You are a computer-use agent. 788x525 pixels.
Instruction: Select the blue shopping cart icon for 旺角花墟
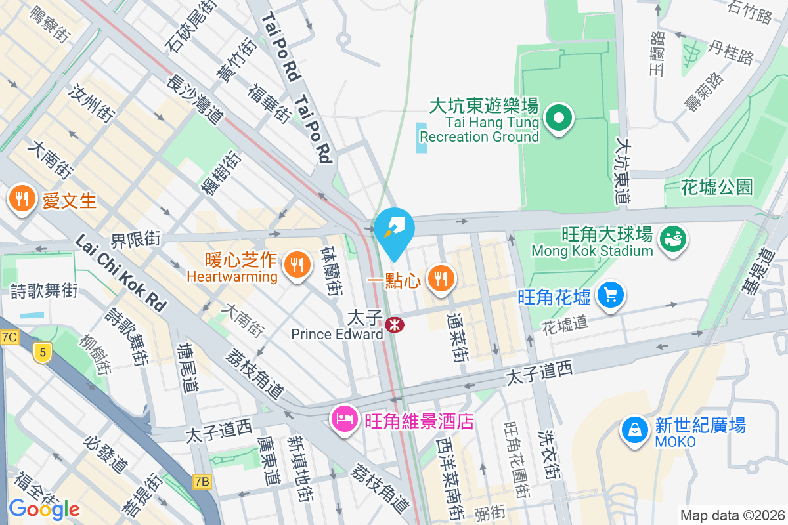(611, 296)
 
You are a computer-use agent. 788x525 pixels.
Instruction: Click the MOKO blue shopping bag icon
(635, 430)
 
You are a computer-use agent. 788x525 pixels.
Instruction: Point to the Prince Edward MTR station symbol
(395, 324)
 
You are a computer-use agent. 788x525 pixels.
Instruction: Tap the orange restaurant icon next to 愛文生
(23, 198)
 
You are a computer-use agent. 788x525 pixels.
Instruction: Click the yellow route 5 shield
(43, 353)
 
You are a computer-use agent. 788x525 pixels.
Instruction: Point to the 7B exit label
(202, 482)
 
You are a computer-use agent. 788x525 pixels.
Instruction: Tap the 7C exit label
(9, 337)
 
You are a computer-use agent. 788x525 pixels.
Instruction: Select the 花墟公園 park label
(716, 188)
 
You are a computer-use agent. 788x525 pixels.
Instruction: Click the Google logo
(44, 509)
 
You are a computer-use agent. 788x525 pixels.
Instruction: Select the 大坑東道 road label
(623, 169)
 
